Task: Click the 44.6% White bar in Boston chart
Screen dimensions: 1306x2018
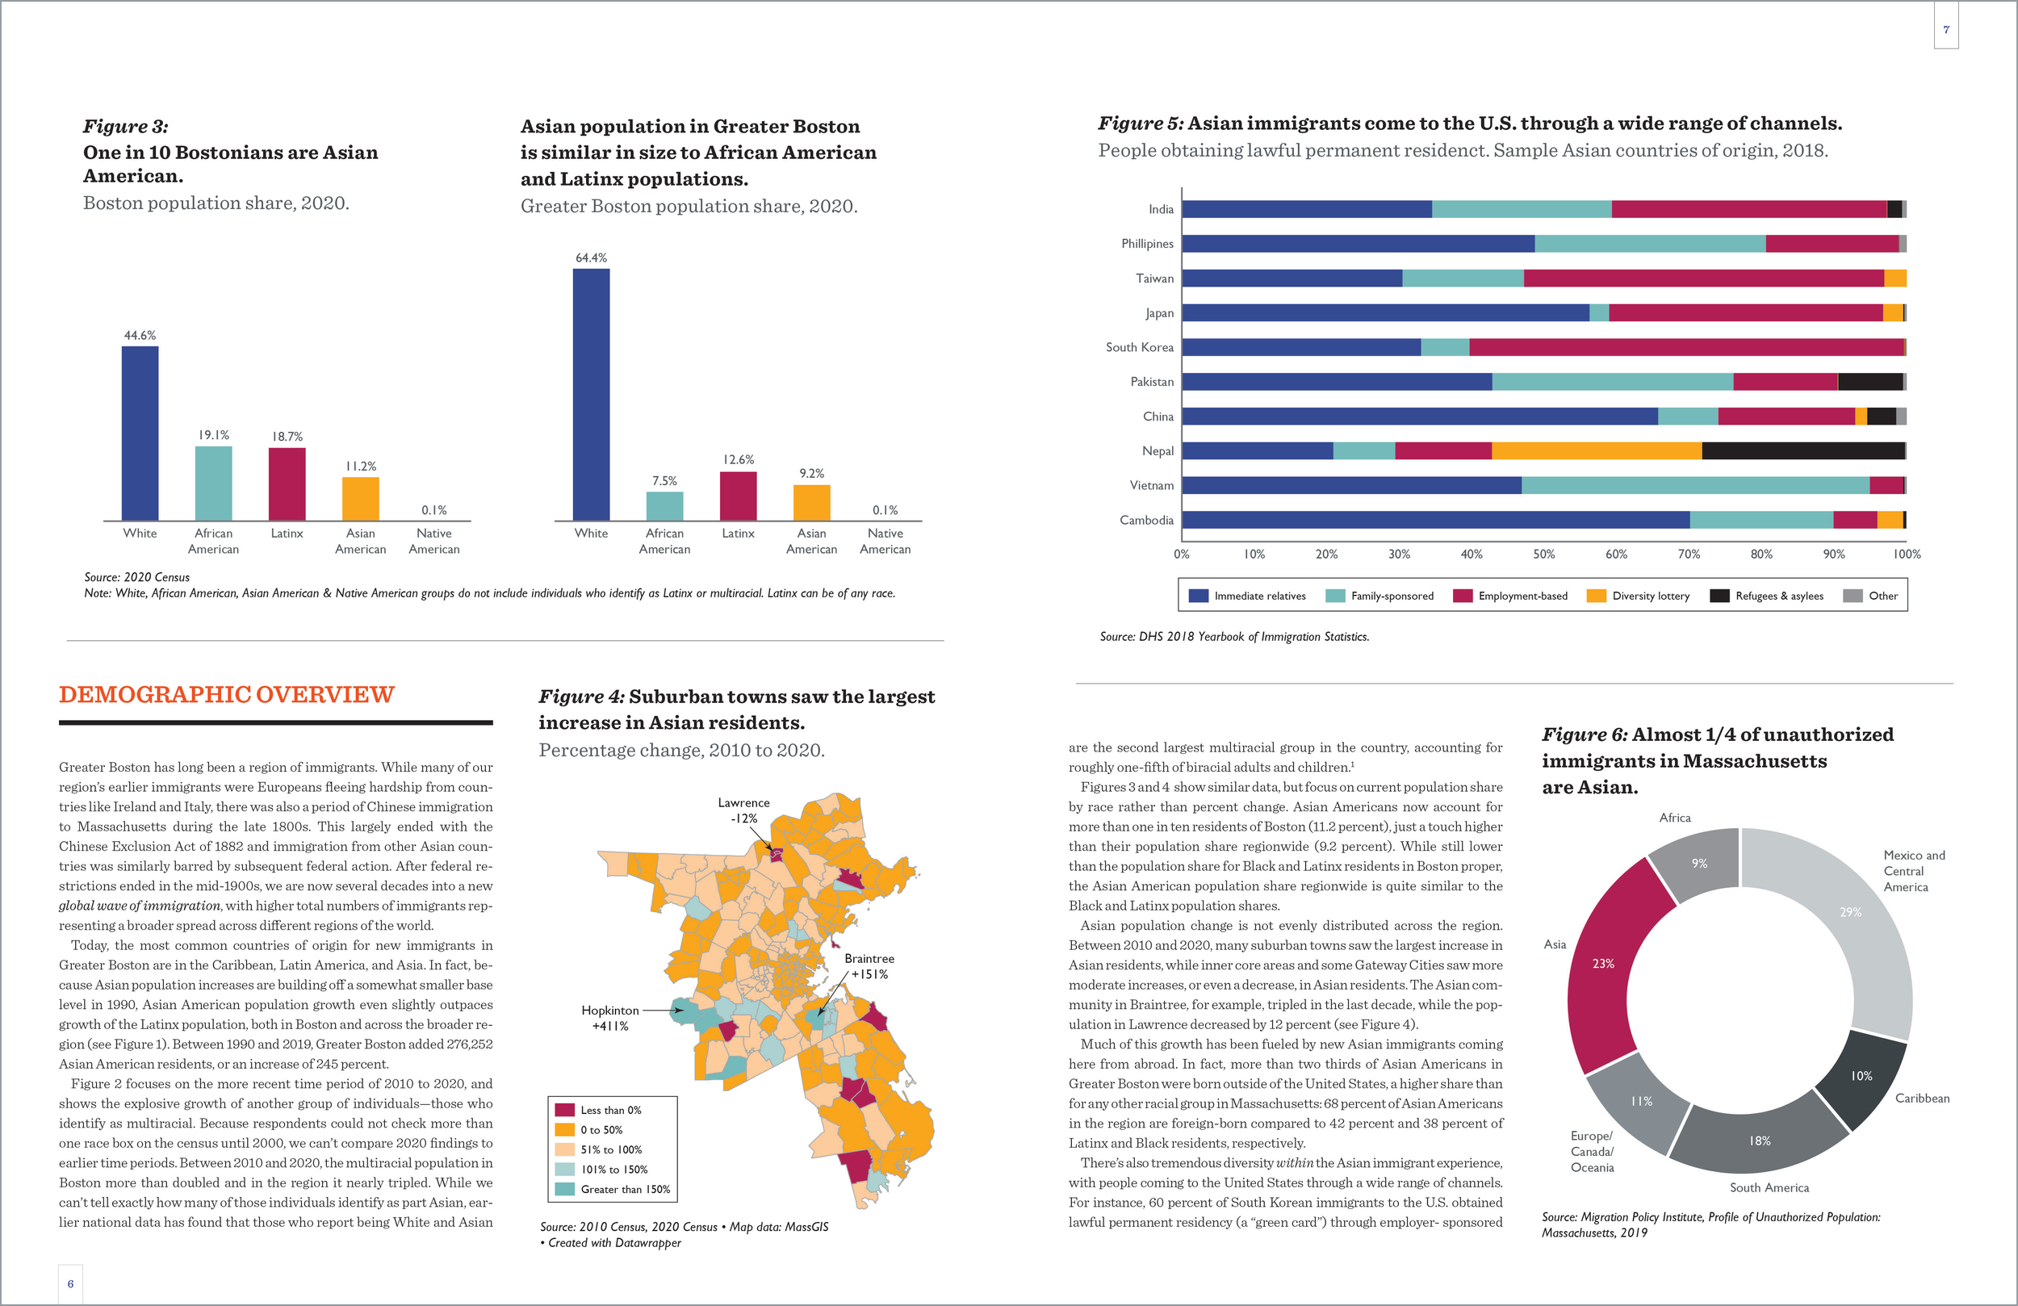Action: [x=140, y=433]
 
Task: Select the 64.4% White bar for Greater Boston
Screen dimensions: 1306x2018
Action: [x=591, y=395]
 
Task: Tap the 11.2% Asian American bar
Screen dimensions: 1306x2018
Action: [x=360, y=499]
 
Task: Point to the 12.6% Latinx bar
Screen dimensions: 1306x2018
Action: [x=738, y=496]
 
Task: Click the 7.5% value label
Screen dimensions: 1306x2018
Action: [x=665, y=481]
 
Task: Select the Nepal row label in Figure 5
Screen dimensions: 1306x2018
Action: [x=1158, y=451]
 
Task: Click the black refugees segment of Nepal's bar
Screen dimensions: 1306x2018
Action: [x=1802, y=451]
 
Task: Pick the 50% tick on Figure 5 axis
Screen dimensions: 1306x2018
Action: [x=1543, y=555]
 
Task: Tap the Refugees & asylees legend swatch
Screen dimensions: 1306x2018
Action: [x=1719, y=596]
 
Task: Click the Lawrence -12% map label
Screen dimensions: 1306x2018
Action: [x=743, y=810]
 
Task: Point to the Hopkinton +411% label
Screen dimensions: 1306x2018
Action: [x=610, y=1018]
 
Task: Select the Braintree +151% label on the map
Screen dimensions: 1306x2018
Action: [x=869, y=966]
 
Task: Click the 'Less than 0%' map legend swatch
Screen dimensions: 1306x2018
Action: [x=565, y=1110]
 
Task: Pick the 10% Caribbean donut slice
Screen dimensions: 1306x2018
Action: [x=1861, y=1077]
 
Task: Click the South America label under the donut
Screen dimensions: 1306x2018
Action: [x=1769, y=1188]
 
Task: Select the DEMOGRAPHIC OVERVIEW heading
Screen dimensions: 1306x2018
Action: [x=226, y=694]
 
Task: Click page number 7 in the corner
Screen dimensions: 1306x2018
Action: [x=1946, y=30]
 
